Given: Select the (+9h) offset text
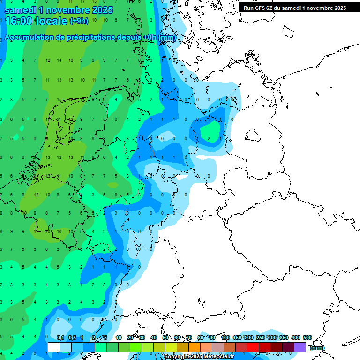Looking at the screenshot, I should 78,21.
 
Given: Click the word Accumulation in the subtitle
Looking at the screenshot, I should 31,37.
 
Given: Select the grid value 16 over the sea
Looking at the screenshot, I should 71,60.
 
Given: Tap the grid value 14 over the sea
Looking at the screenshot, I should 59,60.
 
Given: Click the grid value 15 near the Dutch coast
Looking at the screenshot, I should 59,99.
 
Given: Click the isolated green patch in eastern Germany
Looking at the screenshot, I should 210,131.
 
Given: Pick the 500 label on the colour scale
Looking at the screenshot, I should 307,337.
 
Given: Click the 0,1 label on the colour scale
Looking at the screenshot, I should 60,337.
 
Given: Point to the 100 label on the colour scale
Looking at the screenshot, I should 225,337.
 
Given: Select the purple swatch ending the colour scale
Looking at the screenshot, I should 300,347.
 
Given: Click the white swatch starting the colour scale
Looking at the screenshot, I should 54,347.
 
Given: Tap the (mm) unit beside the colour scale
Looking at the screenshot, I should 317,348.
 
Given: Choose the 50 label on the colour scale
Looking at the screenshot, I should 165,337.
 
